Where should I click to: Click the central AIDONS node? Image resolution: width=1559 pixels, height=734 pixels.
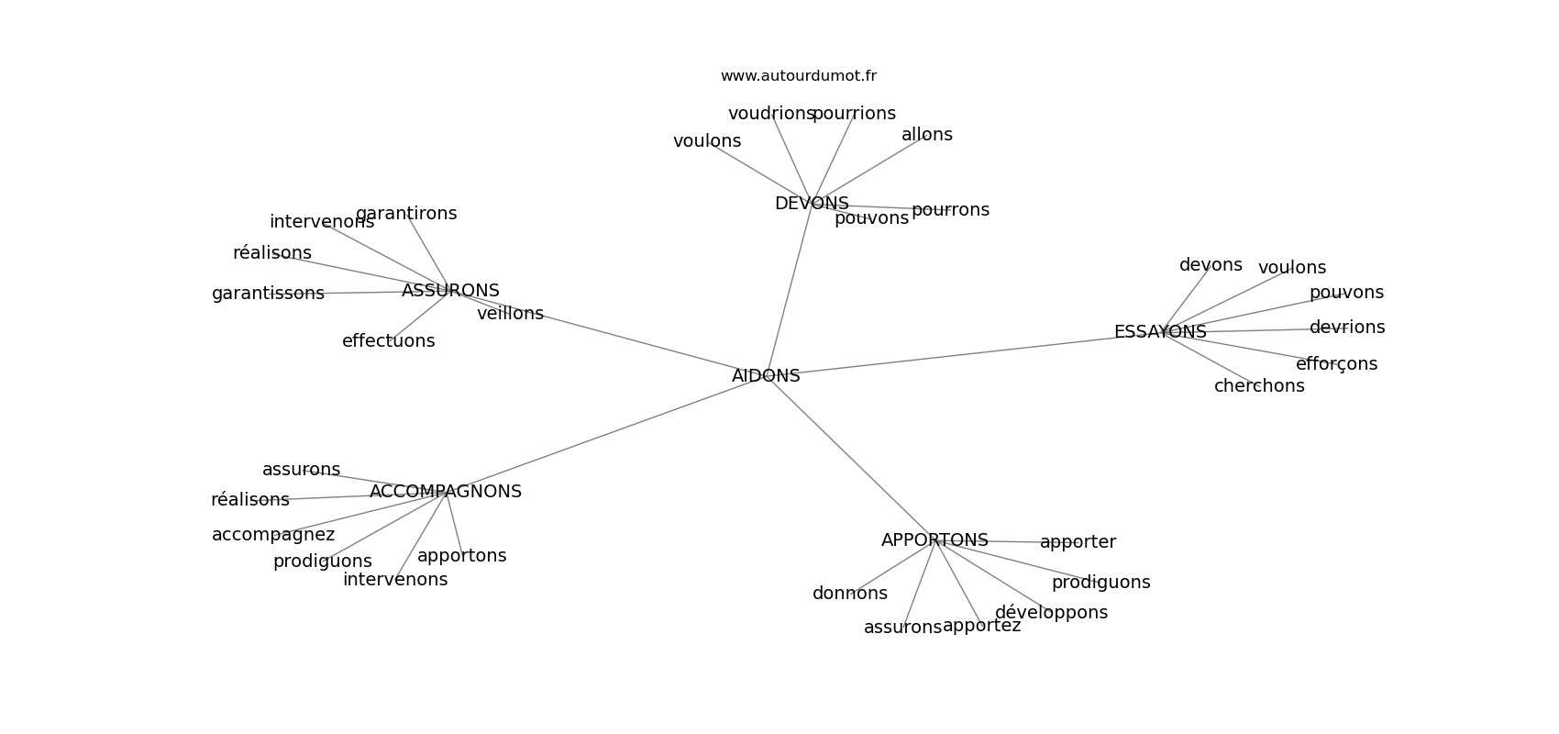766,376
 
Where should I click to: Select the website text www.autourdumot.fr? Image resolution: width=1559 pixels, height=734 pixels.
798,76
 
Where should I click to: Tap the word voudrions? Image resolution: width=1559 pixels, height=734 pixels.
771,114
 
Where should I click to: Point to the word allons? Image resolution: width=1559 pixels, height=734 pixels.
926,135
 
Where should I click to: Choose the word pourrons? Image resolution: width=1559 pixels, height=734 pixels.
950,210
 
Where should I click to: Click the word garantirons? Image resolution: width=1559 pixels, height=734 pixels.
406,214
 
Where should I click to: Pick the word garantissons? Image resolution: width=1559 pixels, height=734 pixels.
268,294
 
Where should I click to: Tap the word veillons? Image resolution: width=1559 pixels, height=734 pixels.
510,314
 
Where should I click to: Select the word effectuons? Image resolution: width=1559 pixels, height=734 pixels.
388,341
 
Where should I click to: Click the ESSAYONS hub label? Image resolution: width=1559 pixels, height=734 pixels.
1159,332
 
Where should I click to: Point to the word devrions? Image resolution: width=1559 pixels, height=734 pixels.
1346,328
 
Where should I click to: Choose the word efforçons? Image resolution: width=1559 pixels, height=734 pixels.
1336,364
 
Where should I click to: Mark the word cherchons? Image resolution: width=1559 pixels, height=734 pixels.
1259,386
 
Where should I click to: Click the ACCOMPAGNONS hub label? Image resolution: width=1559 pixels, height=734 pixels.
445,492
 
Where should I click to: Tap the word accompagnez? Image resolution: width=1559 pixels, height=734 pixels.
273,535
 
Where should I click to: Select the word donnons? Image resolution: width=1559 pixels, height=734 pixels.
849,594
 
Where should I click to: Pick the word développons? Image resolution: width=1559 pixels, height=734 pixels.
1051,613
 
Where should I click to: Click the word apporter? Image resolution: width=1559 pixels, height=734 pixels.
1078,542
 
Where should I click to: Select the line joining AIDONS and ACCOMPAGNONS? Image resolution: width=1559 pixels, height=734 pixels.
605,434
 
